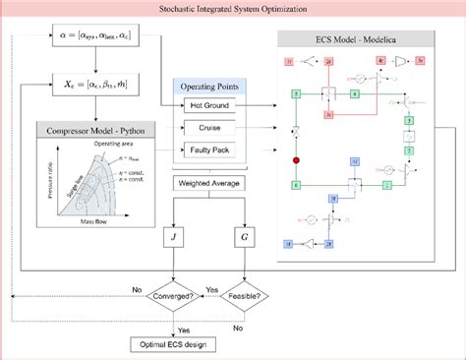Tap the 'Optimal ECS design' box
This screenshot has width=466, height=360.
174,344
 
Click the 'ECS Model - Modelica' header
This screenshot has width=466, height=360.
355,41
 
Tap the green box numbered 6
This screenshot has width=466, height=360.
294,184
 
